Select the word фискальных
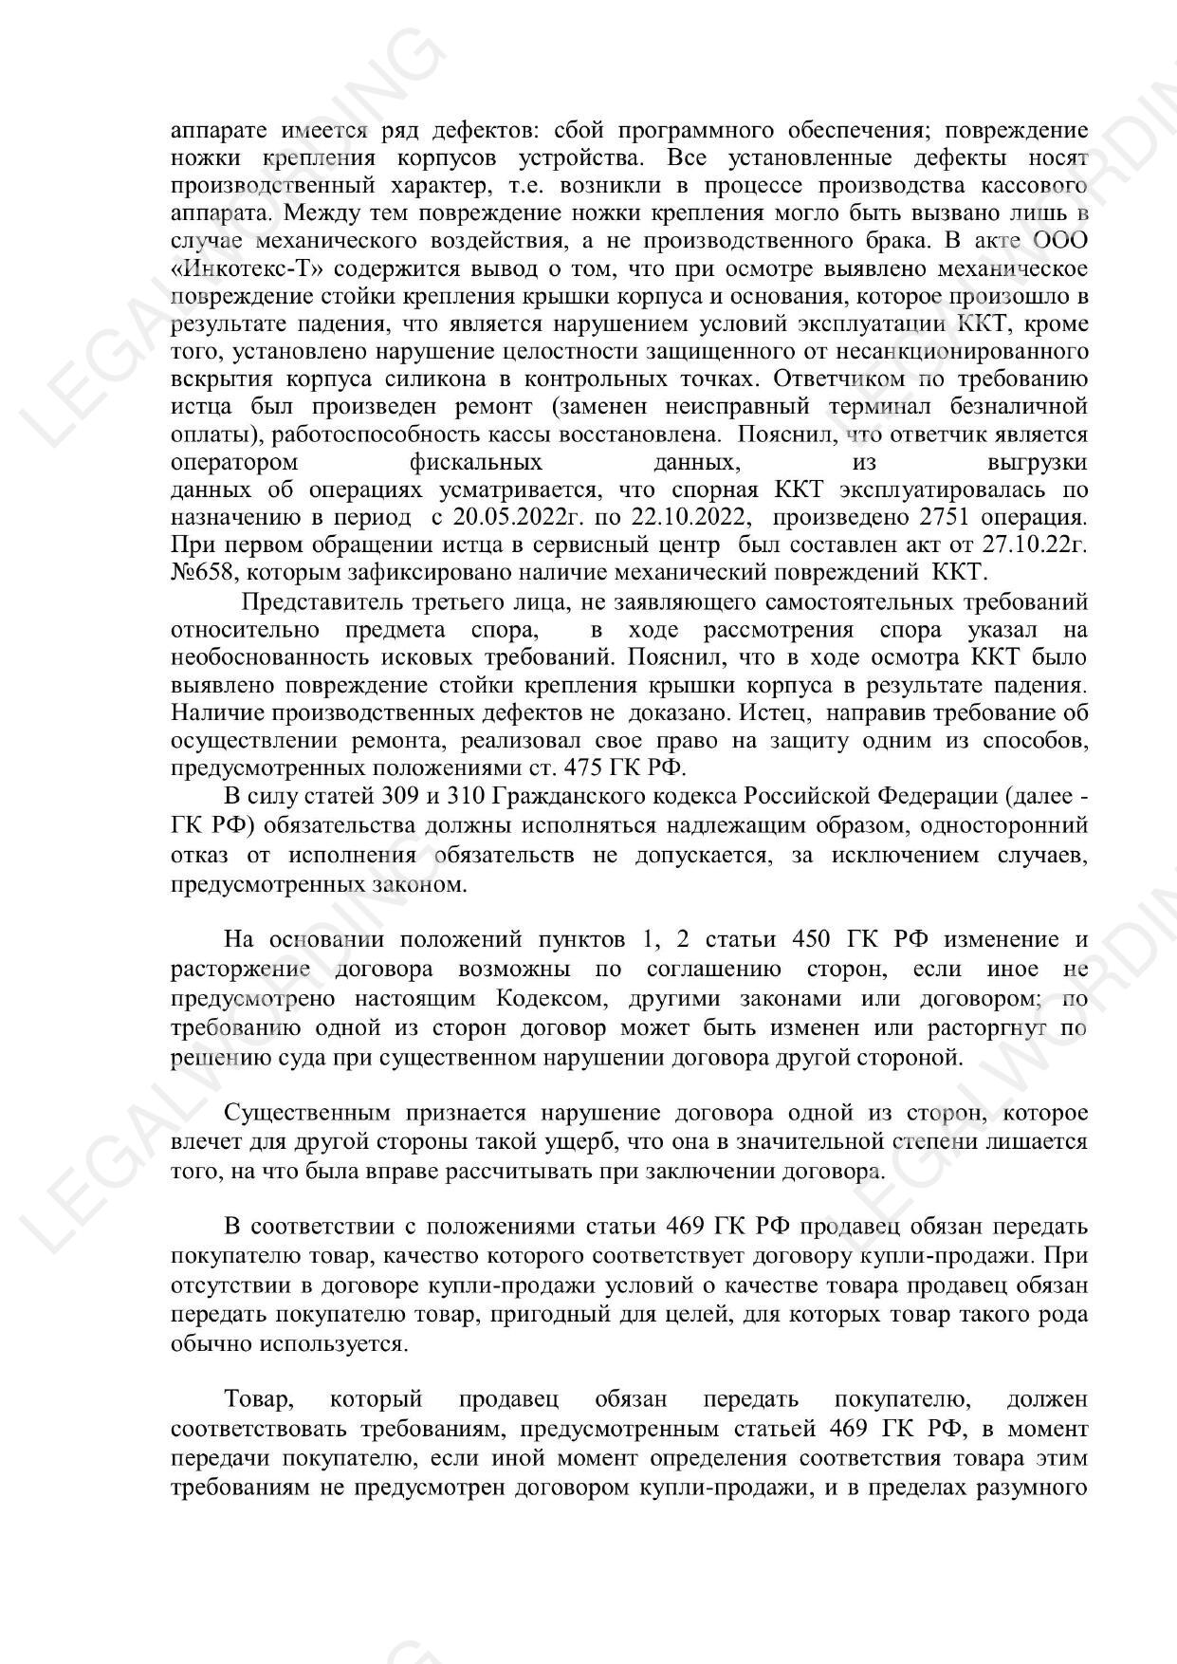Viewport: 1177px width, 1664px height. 476,463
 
